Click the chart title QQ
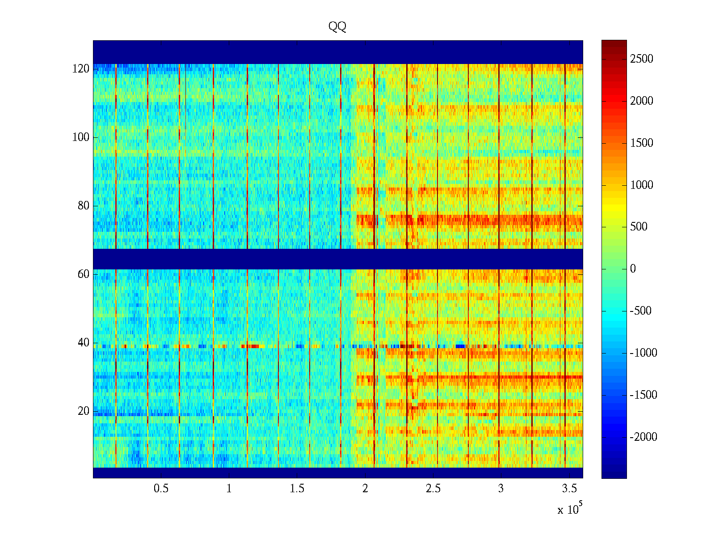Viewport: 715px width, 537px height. pos(337,27)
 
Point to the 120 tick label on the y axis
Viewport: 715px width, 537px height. pos(81,69)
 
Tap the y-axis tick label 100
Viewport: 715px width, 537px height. pos(81,137)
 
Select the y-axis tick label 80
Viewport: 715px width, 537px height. pos(84,206)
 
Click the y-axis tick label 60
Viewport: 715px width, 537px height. pos(84,274)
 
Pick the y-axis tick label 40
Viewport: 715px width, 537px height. pos(84,343)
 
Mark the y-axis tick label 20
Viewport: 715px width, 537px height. pos(84,411)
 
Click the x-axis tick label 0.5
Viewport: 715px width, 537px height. pos(161,489)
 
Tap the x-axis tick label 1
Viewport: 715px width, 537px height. pos(229,489)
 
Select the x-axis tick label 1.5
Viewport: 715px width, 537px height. pos(297,489)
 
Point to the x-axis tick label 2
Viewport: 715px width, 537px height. pos(365,489)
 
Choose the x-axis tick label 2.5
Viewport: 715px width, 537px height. pos(433,489)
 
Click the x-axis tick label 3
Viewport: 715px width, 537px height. pos(501,489)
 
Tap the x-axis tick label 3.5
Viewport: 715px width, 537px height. pos(569,489)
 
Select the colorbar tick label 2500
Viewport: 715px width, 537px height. pos(641,59)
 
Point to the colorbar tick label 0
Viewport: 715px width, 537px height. pos(633,269)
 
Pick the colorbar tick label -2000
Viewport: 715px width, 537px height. pos(643,437)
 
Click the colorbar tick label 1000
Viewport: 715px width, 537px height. pos(641,185)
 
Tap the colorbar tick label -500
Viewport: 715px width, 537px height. pos(641,311)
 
